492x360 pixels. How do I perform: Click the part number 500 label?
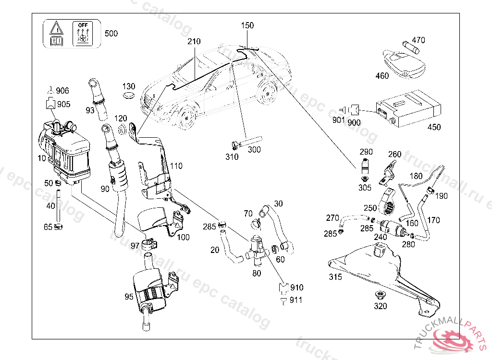pyautogui.click(x=111, y=34)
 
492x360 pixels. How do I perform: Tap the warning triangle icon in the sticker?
pyautogui.click(x=56, y=27)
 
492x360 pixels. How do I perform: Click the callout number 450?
pyautogui.click(x=434, y=127)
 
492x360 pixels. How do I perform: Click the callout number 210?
pyautogui.click(x=194, y=42)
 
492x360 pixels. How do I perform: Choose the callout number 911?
pyautogui.click(x=296, y=300)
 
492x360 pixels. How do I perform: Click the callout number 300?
pyautogui.click(x=254, y=149)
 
